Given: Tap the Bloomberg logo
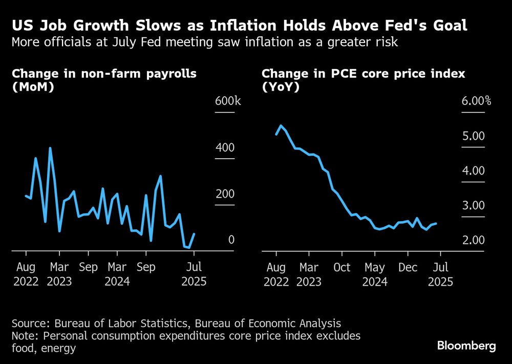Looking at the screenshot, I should [466, 346].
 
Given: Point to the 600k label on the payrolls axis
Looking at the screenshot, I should [227, 101].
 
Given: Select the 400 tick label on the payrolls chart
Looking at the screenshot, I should [225, 147].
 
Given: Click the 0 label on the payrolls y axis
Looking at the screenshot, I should [231, 240].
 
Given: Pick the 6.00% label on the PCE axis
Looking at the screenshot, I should [476, 101].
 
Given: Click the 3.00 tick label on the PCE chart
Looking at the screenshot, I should [473, 205].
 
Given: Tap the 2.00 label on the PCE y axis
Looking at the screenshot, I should [473, 240].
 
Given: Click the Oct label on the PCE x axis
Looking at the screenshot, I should [342, 267].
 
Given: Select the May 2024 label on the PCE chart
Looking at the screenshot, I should [375, 274].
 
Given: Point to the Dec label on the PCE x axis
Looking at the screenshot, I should [409, 267].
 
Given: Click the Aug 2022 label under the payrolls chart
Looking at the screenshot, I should [26, 274].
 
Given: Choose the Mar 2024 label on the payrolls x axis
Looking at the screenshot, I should [117, 274].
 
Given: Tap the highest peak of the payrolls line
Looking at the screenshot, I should [50, 148].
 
